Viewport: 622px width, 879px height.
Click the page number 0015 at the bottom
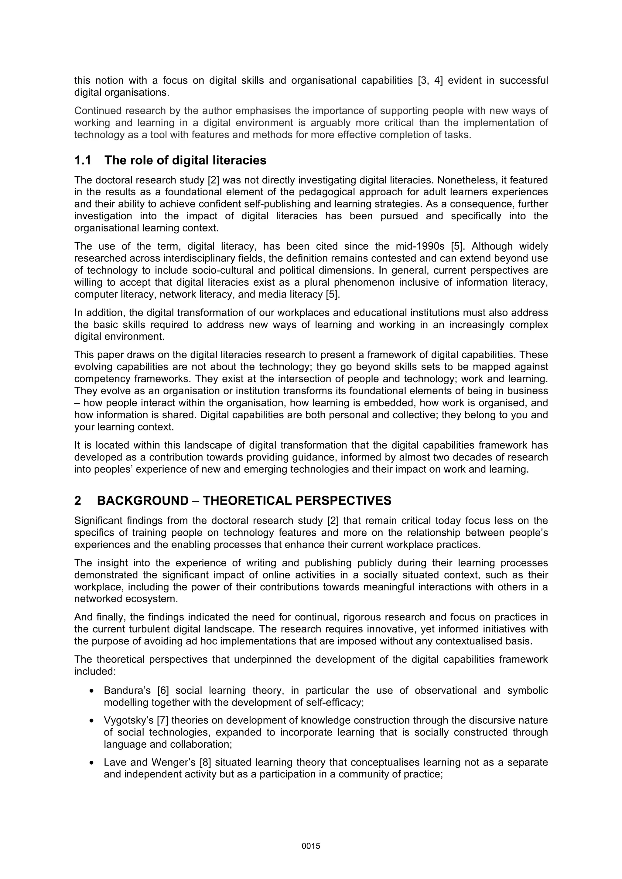311,846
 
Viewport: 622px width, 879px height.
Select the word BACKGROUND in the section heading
142,501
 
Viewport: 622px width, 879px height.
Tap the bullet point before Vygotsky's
91,721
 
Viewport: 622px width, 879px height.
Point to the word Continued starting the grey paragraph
98,111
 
